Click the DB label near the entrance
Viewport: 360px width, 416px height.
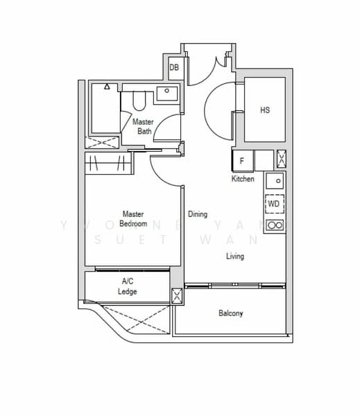[175, 67]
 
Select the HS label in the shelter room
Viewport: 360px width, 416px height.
[265, 110]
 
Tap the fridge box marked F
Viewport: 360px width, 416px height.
[241, 161]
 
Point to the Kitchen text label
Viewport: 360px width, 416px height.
[243, 179]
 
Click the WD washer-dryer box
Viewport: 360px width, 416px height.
[274, 205]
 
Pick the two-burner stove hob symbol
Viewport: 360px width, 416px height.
[275, 225]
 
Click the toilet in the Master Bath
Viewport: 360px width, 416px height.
[137, 102]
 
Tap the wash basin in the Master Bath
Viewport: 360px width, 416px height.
[166, 92]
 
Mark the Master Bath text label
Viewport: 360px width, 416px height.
[143, 126]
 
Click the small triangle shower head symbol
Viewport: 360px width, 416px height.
[107, 87]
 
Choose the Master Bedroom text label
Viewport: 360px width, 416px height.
[132, 219]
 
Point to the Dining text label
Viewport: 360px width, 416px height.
[198, 214]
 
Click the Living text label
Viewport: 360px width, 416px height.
[235, 257]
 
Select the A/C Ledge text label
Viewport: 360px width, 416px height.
[128, 286]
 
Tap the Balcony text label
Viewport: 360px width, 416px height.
[231, 313]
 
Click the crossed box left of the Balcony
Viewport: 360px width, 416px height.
[177, 297]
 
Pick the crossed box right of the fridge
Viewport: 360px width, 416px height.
[281, 160]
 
